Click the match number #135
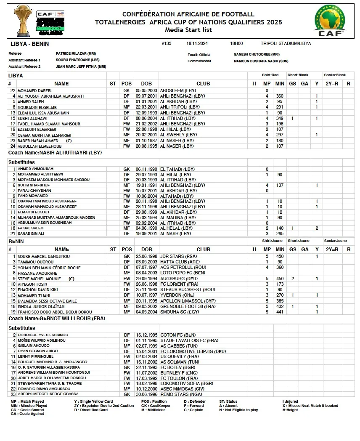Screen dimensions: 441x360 click(166, 43)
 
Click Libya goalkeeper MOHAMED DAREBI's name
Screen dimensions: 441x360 click(34, 90)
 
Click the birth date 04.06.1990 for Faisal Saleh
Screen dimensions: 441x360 click(146, 228)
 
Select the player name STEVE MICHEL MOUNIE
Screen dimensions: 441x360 click(39, 279)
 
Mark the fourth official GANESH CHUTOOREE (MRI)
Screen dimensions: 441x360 click(257, 54)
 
